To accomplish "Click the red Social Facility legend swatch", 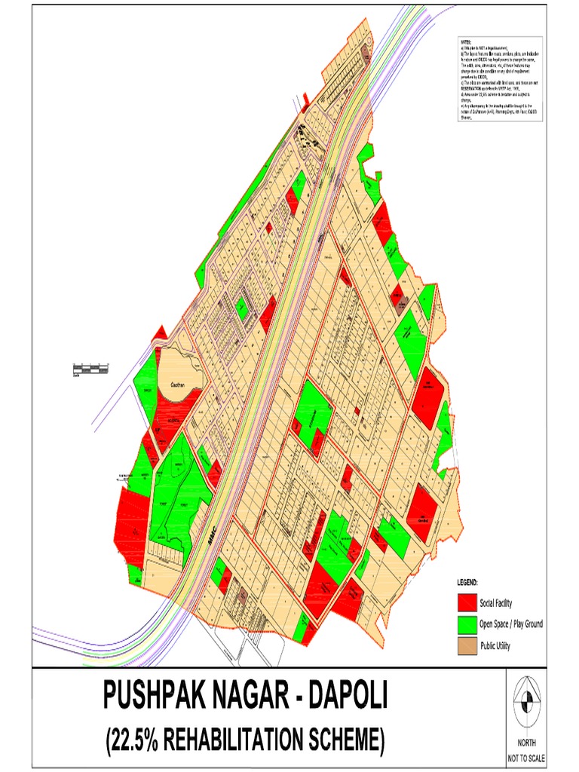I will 467,603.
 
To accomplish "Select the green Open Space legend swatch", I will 467,624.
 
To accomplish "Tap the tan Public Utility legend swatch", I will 467,645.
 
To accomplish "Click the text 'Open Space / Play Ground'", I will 510,624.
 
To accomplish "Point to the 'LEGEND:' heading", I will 468,584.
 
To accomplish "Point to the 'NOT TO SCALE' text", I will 528,758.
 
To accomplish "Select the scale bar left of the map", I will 90,369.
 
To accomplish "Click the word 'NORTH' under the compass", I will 528,743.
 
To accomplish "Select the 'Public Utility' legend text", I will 495,645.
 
